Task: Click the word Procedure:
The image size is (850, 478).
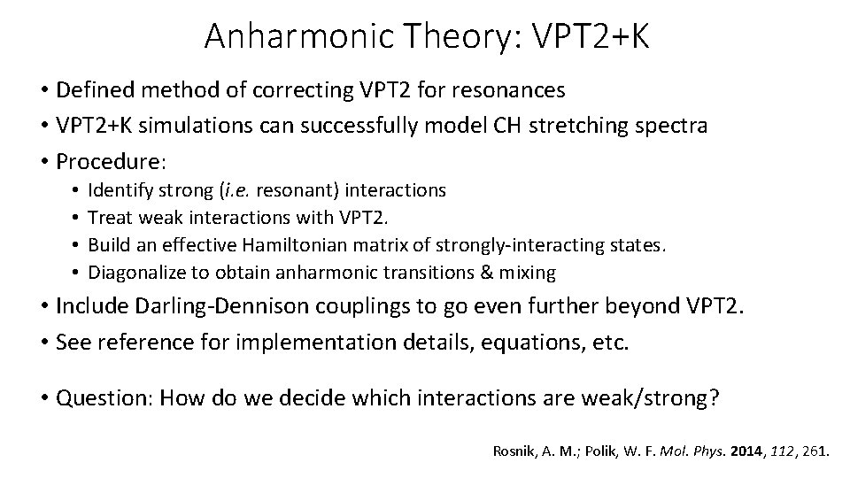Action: [x=101, y=162]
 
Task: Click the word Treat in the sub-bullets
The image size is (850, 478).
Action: [x=109, y=218]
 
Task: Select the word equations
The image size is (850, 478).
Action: [x=511, y=343]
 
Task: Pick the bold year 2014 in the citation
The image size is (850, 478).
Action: [x=750, y=451]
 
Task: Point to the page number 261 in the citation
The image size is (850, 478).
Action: [x=815, y=451]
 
